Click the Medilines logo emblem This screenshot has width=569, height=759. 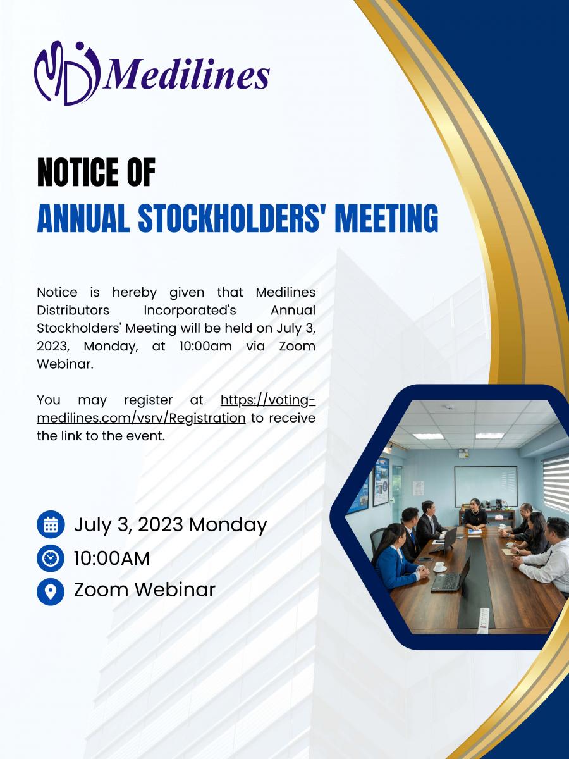[x=67, y=73]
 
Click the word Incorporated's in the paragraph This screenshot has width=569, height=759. [x=190, y=310]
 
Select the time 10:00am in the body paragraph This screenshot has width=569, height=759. [x=205, y=346]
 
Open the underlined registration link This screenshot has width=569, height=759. [x=176, y=409]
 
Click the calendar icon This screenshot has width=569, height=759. [x=51, y=524]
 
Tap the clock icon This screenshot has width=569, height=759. [x=51, y=558]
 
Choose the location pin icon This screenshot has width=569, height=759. [x=51, y=591]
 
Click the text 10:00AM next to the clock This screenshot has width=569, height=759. [x=112, y=558]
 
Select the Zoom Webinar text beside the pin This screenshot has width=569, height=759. [x=145, y=589]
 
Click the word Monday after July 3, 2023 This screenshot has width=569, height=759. [x=228, y=525]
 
